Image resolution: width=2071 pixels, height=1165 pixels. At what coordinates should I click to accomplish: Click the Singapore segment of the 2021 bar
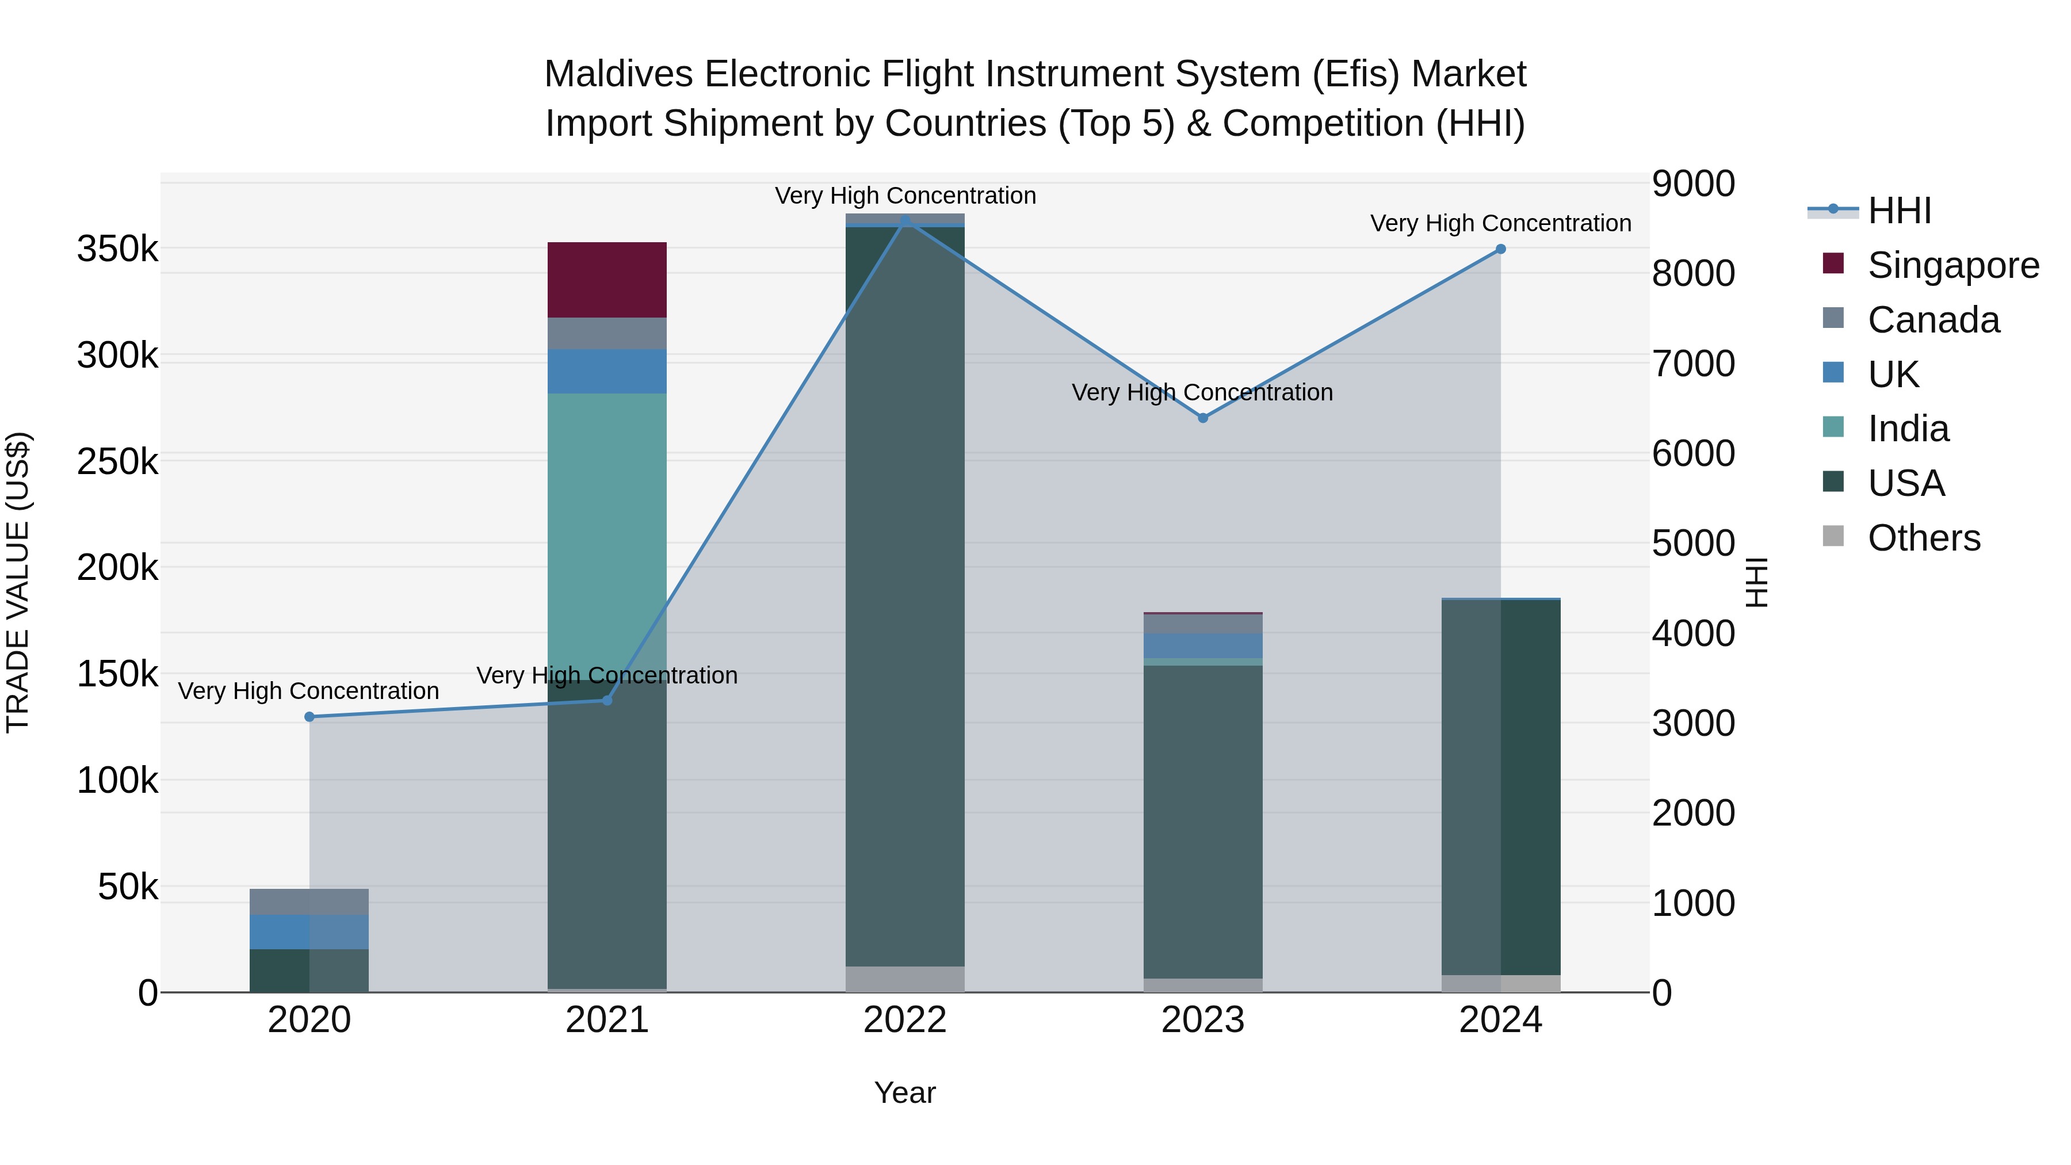607,280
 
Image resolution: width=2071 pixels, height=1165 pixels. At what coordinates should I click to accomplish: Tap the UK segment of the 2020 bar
309,932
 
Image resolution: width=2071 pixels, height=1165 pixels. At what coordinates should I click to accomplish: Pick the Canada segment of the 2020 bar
309,902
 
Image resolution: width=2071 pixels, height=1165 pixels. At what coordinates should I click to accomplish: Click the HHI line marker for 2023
1203,418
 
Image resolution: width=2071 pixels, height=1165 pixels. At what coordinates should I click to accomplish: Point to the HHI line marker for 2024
1500,249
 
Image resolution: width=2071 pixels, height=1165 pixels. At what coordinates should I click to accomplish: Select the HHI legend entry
1899,211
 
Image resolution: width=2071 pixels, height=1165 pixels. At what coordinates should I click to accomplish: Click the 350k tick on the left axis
117,249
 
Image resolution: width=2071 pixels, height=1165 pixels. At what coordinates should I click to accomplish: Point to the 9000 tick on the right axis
1693,184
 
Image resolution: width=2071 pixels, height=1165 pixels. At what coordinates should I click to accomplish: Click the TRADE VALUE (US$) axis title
18,582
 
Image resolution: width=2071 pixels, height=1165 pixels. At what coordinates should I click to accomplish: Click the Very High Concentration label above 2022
905,196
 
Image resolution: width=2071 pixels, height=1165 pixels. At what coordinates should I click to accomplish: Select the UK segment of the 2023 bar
1203,645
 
